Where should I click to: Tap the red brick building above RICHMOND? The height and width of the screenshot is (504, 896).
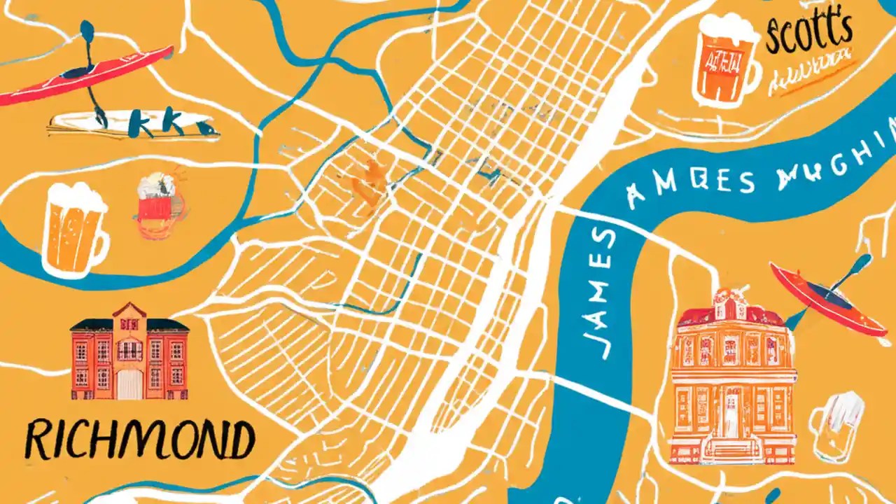point(129,353)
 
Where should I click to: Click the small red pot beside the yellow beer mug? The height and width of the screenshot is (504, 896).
point(155,203)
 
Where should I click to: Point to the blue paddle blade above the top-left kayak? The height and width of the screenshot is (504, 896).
point(87,31)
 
